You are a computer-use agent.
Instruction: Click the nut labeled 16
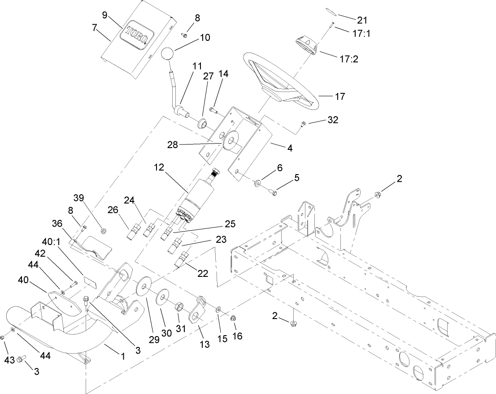tap(233, 318)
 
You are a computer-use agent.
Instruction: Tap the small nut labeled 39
tap(103, 231)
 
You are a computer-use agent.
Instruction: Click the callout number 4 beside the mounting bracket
tap(290, 147)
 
